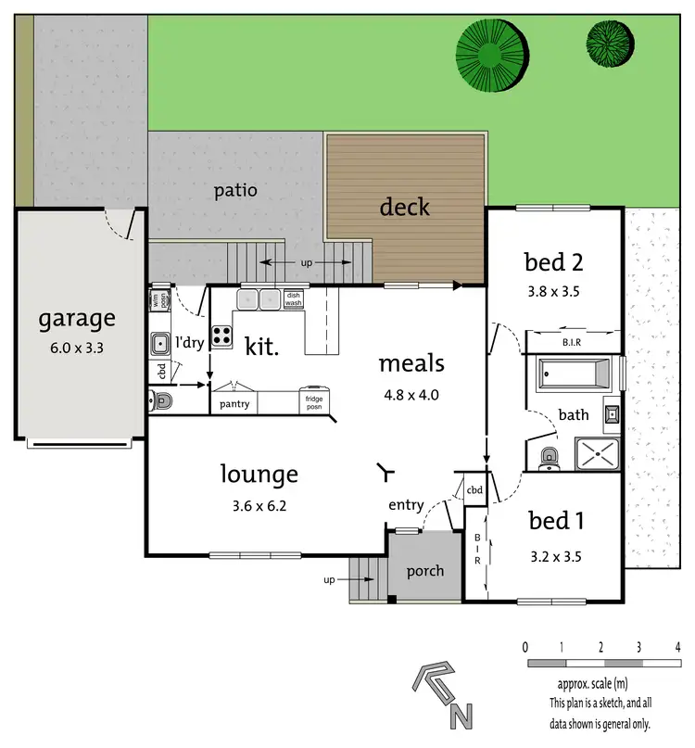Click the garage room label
pos(77,320)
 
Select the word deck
pos(405,206)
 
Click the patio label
pos(235,191)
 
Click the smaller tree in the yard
pos(608,39)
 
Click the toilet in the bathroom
pos(548,456)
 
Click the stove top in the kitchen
pos(222,336)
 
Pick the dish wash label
pos(293,299)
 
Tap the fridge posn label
pos(315,402)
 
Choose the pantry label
pos(234,404)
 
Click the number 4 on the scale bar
pos(678,647)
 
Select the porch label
pos(425,571)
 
